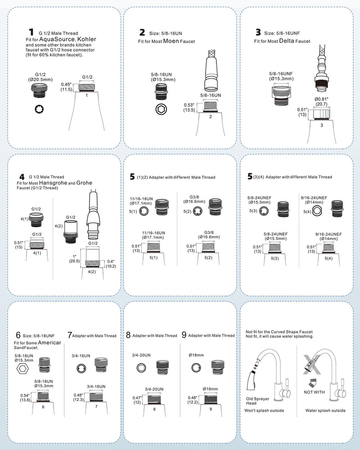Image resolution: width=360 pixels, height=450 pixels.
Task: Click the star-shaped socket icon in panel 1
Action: click(39, 109)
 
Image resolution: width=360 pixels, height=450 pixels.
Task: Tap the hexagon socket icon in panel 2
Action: click(161, 109)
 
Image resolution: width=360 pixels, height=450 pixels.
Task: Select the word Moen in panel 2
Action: click(171, 41)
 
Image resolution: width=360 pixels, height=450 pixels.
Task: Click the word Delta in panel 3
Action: click(287, 41)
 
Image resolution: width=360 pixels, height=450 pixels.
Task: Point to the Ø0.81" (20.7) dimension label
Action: click(321, 102)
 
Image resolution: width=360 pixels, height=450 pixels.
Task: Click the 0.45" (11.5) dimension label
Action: click(66, 87)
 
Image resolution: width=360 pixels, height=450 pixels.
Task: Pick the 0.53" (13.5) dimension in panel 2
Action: click(189, 108)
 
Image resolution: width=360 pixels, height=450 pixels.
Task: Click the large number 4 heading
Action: click(22, 177)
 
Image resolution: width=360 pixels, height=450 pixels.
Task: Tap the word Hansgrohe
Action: click(53, 183)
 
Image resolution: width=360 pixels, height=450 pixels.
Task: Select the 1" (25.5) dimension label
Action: click(74, 259)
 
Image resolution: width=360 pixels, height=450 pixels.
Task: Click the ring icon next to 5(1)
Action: click(144, 211)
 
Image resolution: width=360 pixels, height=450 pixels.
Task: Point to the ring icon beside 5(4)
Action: click(317, 211)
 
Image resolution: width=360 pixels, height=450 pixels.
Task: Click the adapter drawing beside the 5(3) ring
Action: click(283, 209)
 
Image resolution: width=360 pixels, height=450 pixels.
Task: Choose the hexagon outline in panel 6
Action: click(22, 369)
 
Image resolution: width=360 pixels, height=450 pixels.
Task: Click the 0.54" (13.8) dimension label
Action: click(25, 398)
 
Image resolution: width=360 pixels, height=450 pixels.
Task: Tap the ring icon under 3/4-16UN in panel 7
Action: click(81, 369)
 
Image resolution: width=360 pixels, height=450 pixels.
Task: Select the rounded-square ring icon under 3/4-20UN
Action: click(141, 368)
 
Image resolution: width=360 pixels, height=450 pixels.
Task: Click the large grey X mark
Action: click(311, 364)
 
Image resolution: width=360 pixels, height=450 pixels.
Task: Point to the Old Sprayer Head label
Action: click(257, 401)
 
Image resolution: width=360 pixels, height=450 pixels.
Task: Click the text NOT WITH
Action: click(315, 392)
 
